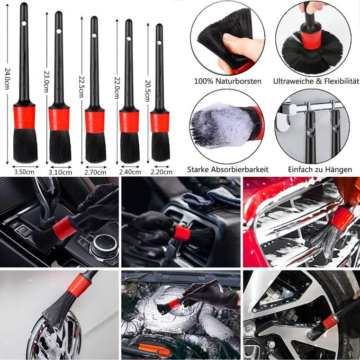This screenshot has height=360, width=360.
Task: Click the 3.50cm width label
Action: tap(24, 172)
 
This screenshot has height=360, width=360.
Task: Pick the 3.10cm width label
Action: tap(60, 172)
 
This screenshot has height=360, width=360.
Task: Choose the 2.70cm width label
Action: tap(96, 172)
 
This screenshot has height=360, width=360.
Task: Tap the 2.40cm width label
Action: tap(129, 172)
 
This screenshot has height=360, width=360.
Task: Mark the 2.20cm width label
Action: tap(160, 172)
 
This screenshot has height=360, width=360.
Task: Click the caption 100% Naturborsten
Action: tap(227, 82)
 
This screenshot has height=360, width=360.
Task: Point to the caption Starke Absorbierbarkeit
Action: tap(227, 169)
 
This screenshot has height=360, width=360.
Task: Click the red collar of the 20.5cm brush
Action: tap(159, 122)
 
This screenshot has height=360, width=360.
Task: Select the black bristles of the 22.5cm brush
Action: tap(95, 147)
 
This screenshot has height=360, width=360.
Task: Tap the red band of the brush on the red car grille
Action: tap(342, 219)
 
